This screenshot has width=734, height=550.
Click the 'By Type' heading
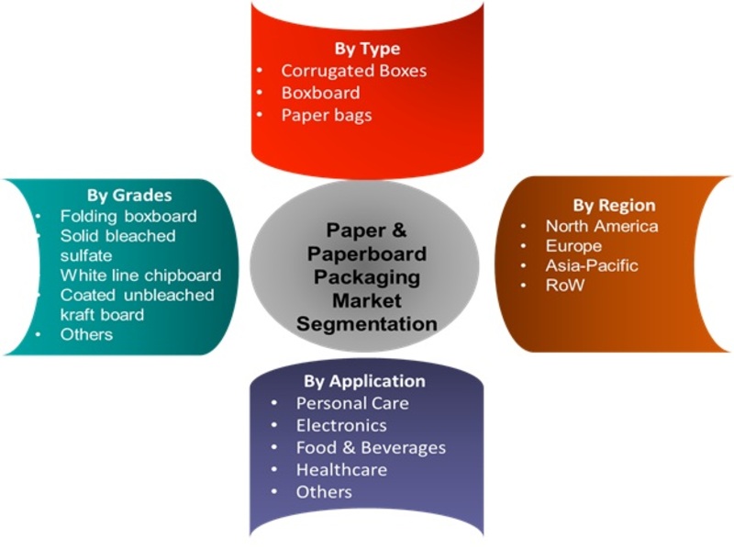[367, 49]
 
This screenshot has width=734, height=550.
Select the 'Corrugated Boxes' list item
[354, 71]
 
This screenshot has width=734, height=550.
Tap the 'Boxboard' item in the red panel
[320, 93]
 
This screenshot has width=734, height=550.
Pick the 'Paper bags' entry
[327, 116]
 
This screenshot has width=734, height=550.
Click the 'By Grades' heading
[129, 196]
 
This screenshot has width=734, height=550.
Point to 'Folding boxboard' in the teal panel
[128, 216]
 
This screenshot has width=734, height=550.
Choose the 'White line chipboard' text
[140, 275]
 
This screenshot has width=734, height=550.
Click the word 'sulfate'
[86, 255]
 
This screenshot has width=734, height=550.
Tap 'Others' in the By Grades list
[86, 334]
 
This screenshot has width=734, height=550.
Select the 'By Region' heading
[614, 205]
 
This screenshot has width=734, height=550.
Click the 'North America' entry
[602, 226]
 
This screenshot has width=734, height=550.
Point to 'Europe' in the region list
[573, 246]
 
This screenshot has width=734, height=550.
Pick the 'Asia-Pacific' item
[592, 265]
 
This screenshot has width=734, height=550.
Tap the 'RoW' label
[565, 286]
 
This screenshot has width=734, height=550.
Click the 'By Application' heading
[364, 381]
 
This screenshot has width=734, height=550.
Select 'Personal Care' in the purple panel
[352, 403]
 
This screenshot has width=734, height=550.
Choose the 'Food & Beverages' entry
[371, 448]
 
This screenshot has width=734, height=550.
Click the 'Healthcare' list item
[341, 470]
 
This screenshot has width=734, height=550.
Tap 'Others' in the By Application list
[324, 492]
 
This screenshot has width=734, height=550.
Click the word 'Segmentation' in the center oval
[366, 324]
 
